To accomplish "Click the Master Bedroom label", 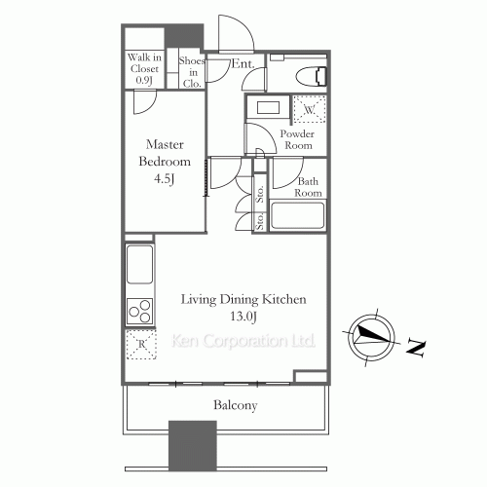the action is (x=165, y=153).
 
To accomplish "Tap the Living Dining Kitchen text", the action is (x=243, y=299).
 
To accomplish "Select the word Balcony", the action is (x=236, y=405).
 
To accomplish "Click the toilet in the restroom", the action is (x=311, y=76).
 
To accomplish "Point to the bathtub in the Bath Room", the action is (x=297, y=215).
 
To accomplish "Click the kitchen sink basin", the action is (x=139, y=264).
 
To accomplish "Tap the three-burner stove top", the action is (x=139, y=311).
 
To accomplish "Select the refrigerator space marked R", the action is (x=141, y=344).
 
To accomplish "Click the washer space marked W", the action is (x=310, y=109).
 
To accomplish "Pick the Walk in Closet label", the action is (x=144, y=68).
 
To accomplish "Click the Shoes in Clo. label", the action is (x=192, y=72).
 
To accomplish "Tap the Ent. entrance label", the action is (x=243, y=63).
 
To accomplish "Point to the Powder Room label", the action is (x=297, y=139).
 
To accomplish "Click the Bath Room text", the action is (x=308, y=187).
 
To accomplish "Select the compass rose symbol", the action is (x=371, y=337).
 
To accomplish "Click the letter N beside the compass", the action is (x=416, y=349).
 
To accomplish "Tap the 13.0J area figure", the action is (x=243, y=316).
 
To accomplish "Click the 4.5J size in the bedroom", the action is (x=165, y=178).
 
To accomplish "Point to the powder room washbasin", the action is (x=268, y=107).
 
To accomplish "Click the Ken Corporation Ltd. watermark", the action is (x=243, y=341).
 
